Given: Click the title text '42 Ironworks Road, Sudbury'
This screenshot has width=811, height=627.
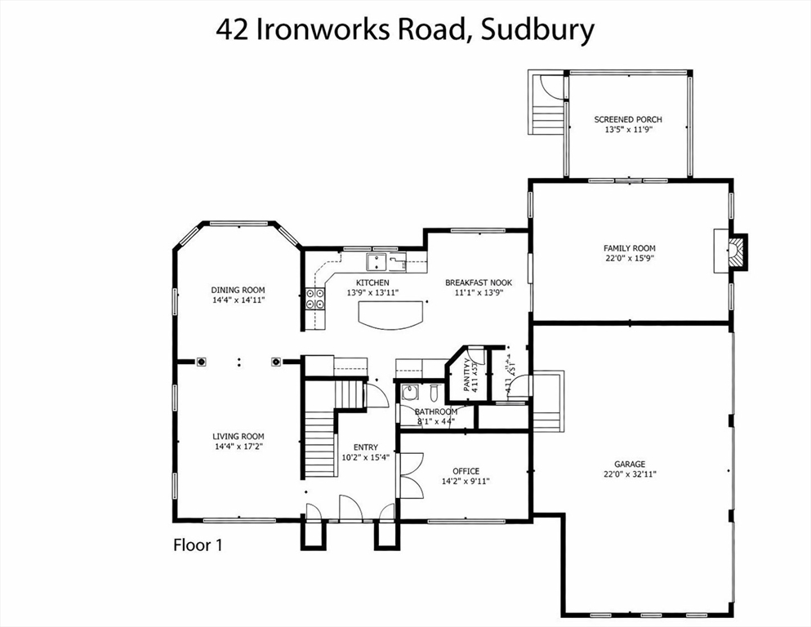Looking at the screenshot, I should pos(405,29).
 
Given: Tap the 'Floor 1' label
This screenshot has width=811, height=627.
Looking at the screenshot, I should pos(198,545).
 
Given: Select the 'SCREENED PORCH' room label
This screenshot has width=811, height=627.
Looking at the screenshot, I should pos(627,119).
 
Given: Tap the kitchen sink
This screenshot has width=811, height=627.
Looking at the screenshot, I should pos(377,261).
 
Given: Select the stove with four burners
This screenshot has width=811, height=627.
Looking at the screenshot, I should pos(315,299).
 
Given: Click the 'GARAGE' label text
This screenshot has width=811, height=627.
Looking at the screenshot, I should pos(629,463).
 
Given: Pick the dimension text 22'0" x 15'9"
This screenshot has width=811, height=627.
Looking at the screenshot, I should pos(629,258).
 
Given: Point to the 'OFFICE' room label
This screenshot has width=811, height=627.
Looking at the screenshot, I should pos(466,471).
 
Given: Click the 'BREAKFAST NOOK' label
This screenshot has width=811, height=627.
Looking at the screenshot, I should pos(478,282).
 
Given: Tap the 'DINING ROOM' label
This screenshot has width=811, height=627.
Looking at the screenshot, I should pos(238,290).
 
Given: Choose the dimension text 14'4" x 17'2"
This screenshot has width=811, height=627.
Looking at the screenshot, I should pos(238,447).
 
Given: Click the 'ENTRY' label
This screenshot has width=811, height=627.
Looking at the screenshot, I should pos(365,447).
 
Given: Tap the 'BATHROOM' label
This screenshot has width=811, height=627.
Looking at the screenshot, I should pos(436,412).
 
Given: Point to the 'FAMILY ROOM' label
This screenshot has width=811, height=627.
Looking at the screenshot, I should pos(629,248).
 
